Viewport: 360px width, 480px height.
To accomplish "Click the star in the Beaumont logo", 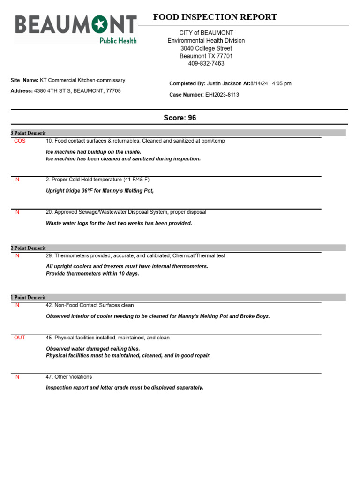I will [x=99, y=24].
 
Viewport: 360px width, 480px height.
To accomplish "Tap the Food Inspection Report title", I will [x=215, y=17].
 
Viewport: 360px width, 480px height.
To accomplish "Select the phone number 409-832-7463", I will [x=206, y=63].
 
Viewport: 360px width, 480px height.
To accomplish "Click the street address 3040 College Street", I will [x=206, y=48].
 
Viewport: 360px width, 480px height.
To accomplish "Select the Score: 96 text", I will [x=180, y=118].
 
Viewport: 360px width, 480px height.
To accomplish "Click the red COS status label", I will [x=20, y=141].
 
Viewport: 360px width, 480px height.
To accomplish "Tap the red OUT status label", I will [x=20, y=337].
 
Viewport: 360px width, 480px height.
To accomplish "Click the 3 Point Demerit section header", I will [x=28, y=133].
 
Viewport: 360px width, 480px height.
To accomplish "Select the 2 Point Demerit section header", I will [x=28, y=248].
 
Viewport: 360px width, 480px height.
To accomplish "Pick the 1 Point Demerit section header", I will [x=28, y=298].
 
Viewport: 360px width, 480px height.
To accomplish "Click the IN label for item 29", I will [x=17, y=256].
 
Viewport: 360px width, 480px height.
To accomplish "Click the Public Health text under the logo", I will [x=118, y=41].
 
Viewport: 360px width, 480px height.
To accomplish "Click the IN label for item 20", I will [x=17, y=212].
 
